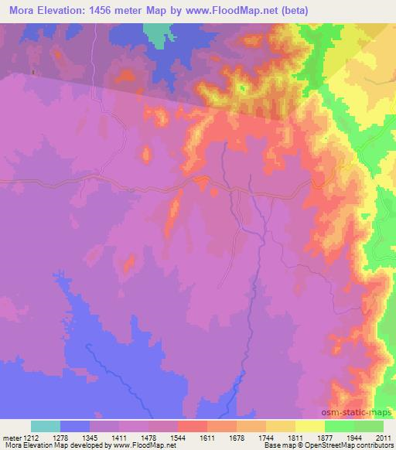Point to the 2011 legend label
click(x=382, y=438)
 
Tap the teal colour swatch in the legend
click(x=46, y=427)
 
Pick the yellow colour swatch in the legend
click(x=309, y=427)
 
